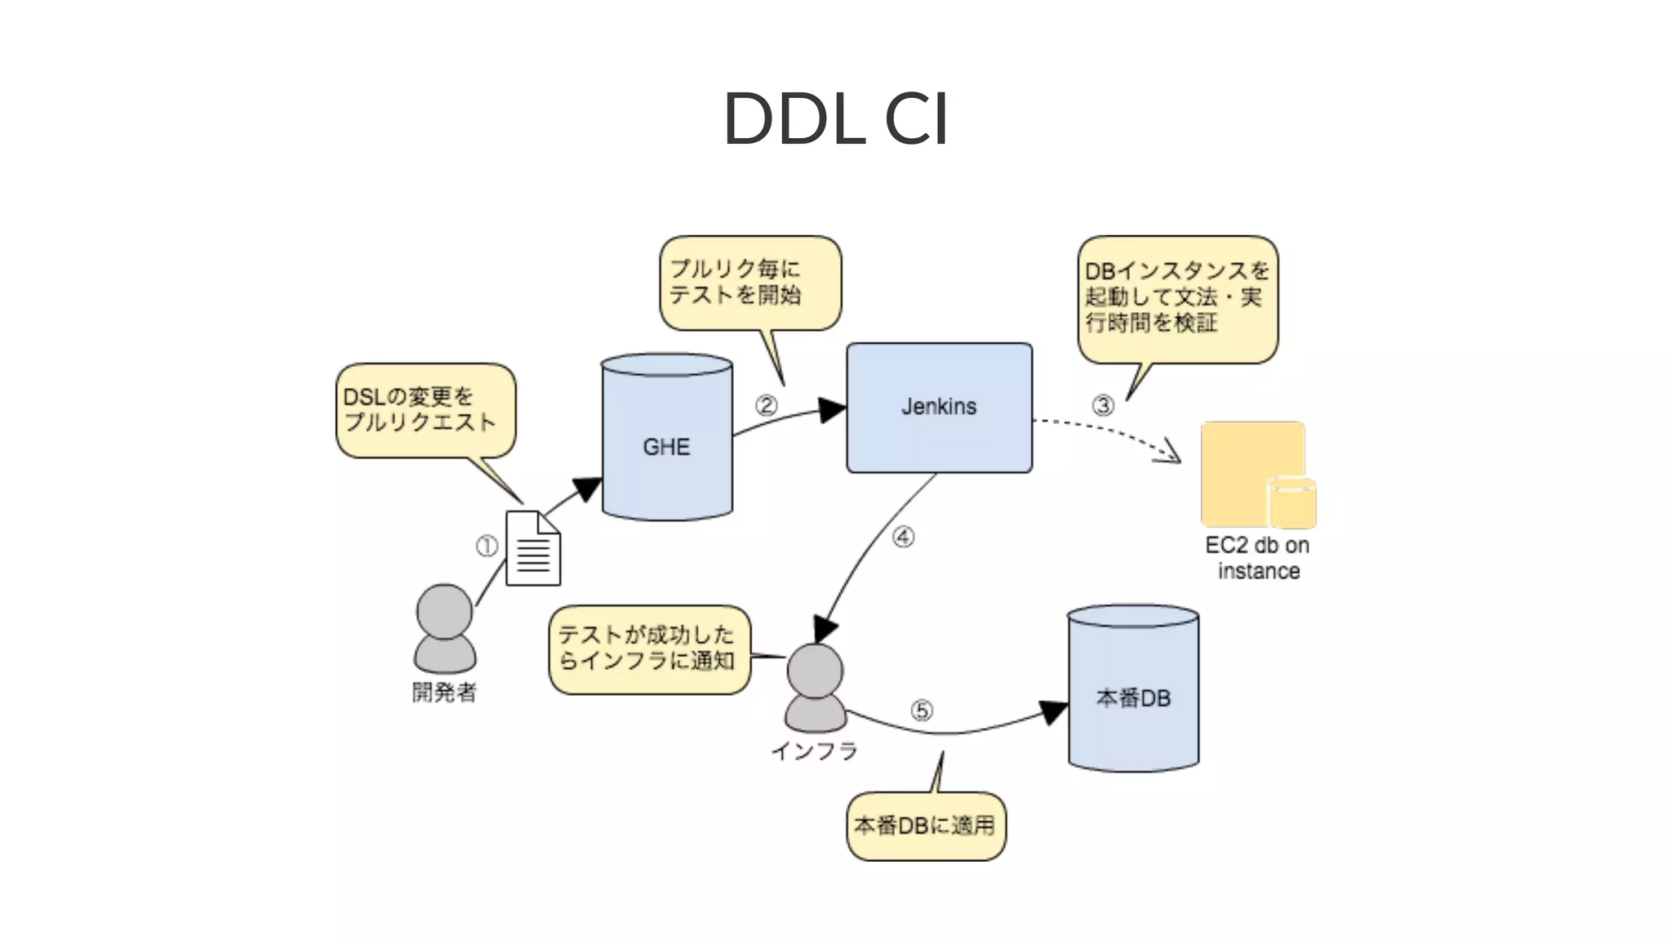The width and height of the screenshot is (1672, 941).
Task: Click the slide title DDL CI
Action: click(x=835, y=119)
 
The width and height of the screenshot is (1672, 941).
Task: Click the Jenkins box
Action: click(x=939, y=407)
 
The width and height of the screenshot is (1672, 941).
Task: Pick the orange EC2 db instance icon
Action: click(x=1256, y=475)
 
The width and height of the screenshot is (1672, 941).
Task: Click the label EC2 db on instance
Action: click(x=1257, y=558)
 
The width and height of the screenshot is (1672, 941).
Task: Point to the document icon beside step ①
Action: click(x=533, y=548)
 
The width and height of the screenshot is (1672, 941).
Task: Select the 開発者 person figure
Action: click(x=445, y=629)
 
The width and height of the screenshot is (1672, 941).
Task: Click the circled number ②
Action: click(x=766, y=405)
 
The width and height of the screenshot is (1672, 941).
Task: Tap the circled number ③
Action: click(x=1103, y=405)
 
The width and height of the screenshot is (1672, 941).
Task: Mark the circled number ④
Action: click(x=903, y=537)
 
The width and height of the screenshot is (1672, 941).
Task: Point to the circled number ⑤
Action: click(x=922, y=711)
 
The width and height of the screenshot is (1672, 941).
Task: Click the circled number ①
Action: click(x=487, y=546)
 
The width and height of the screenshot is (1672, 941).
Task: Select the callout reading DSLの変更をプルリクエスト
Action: click(x=425, y=410)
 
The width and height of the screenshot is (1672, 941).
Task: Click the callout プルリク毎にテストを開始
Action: click(x=749, y=283)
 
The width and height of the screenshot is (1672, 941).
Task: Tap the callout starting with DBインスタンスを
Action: click(x=1177, y=298)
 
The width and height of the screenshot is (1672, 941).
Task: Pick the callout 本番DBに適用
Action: click(x=926, y=826)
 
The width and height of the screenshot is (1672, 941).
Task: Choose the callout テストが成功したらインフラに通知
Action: click(x=649, y=649)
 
